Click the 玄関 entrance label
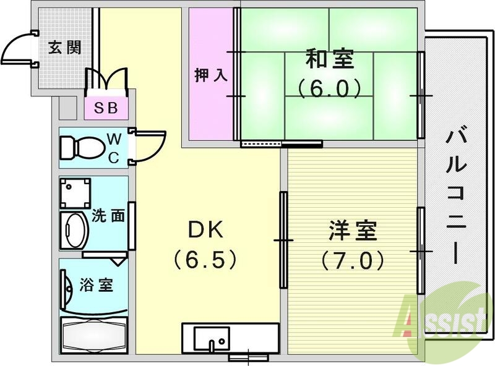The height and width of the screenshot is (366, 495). click(x=65, y=48)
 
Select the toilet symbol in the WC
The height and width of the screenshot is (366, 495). click(x=81, y=148)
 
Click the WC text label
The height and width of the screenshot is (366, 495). click(x=114, y=147)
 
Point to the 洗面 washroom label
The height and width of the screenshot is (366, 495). click(x=109, y=216)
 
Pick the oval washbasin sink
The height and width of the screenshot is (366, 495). click(x=74, y=230)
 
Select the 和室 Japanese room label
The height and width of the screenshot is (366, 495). click(x=329, y=61)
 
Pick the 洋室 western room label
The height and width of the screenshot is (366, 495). click(x=351, y=233)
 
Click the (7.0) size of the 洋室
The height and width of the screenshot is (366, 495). click(x=351, y=261)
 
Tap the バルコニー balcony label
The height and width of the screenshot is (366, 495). click(x=458, y=192)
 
